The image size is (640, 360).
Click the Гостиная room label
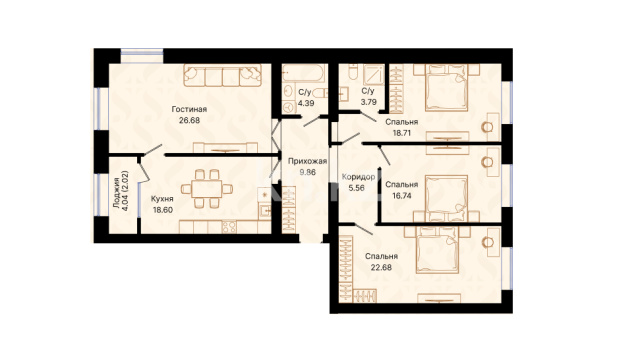pyautogui.click(x=189, y=109)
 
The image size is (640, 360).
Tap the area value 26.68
pyautogui.click(x=189, y=120)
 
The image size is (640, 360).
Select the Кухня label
pyautogui.click(x=162, y=199)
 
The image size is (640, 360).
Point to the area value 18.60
pyautogui.click(x=162, y=210)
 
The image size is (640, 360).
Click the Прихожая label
pyautogui.click(x=307, y=161)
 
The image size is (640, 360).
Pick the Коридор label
pyautogui.click(x=358, y=177)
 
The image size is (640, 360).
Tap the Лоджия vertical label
pyautogui.click(x=117, y=193)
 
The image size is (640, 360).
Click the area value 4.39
pyautogui.click(x=306, y=103)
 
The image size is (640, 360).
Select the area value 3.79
pyautogui.click(x=368, y=102)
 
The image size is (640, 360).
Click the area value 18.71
pyautogui.click(x=402, y=133)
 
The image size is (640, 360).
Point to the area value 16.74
pyautogui.click(x=401, y=196)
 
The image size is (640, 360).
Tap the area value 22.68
pyautogui.click(x=381, y=268)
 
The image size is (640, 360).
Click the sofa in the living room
pyautogui.click(x=222, y=75)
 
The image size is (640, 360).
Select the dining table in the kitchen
pyautogui.click(x=207, y=189)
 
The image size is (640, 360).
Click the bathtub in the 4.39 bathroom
pyautogui.click(x=305, y=73)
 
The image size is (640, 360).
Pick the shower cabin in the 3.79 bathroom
pyautogui.click(x=374, y=74)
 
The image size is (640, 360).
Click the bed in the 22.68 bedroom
pyautogui.click(x=437, y=250)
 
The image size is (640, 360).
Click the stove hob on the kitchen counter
pyautogui.click(x=229, y=227)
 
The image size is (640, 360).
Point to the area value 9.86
pyautogui.click(x=308, y=172)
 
